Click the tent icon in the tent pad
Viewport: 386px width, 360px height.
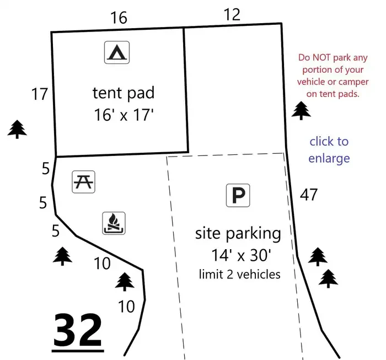[x=117, y=52]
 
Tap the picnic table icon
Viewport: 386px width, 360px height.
[x=83, y=182]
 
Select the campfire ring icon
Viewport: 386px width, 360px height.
[x=114, y=223]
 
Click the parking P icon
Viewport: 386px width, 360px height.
[x=238, y=195]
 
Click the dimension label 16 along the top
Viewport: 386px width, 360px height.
[x=119, y=18]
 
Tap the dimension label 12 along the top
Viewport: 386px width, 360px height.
[x=232, y=14]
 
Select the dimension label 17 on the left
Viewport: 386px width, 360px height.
[x=39, y=94]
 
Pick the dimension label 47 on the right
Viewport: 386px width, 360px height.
[x=309, y=195]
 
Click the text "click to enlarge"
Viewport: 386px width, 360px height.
[x=329, y=149]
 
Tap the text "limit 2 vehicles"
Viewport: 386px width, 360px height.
[x=240, y=275]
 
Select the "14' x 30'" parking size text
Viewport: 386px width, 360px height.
[x=242, y=255]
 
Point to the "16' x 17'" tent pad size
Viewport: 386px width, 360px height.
[x=124, y=115]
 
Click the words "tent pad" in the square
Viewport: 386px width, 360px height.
[x=124, y=94]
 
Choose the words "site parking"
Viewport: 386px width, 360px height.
[x=238, y=234]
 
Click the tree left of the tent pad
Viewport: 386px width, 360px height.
[x=17, y=129]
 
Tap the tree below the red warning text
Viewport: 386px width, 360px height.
[x=301, y=110]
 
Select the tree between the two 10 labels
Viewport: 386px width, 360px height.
[x=125, y=282]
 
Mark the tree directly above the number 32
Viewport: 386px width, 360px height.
[x=62, y=256]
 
